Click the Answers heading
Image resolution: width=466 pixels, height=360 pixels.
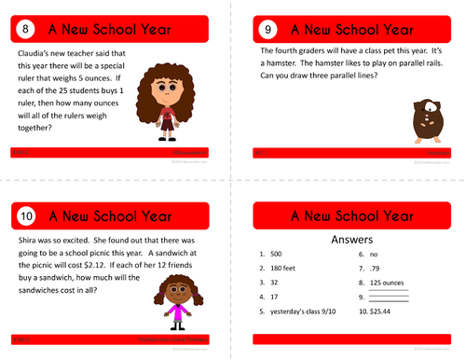click(x=352, y=240)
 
